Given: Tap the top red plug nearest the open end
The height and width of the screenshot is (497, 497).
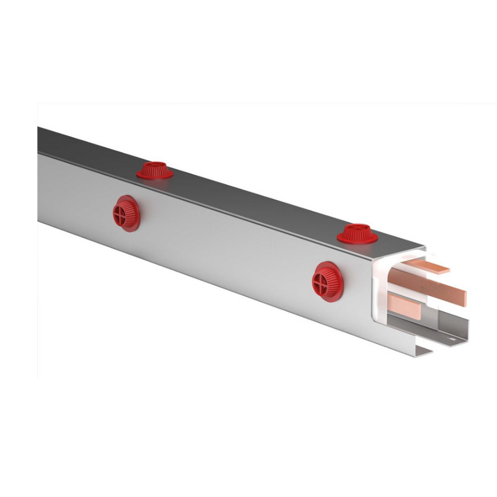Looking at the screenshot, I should [x=357, y=234].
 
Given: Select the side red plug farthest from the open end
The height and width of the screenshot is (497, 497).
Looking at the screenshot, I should [x=126, y=213].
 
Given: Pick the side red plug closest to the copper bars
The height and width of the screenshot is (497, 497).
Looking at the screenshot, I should [x=327, y=281].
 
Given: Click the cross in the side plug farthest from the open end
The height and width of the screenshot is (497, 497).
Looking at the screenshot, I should [x=120, y=213].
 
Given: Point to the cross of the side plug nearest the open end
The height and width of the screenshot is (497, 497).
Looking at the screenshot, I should [x=320, y=283].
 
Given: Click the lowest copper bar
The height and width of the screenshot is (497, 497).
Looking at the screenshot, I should [x=404, y=306].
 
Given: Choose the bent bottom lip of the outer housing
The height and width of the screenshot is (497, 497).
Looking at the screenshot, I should [x=419, y=352].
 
